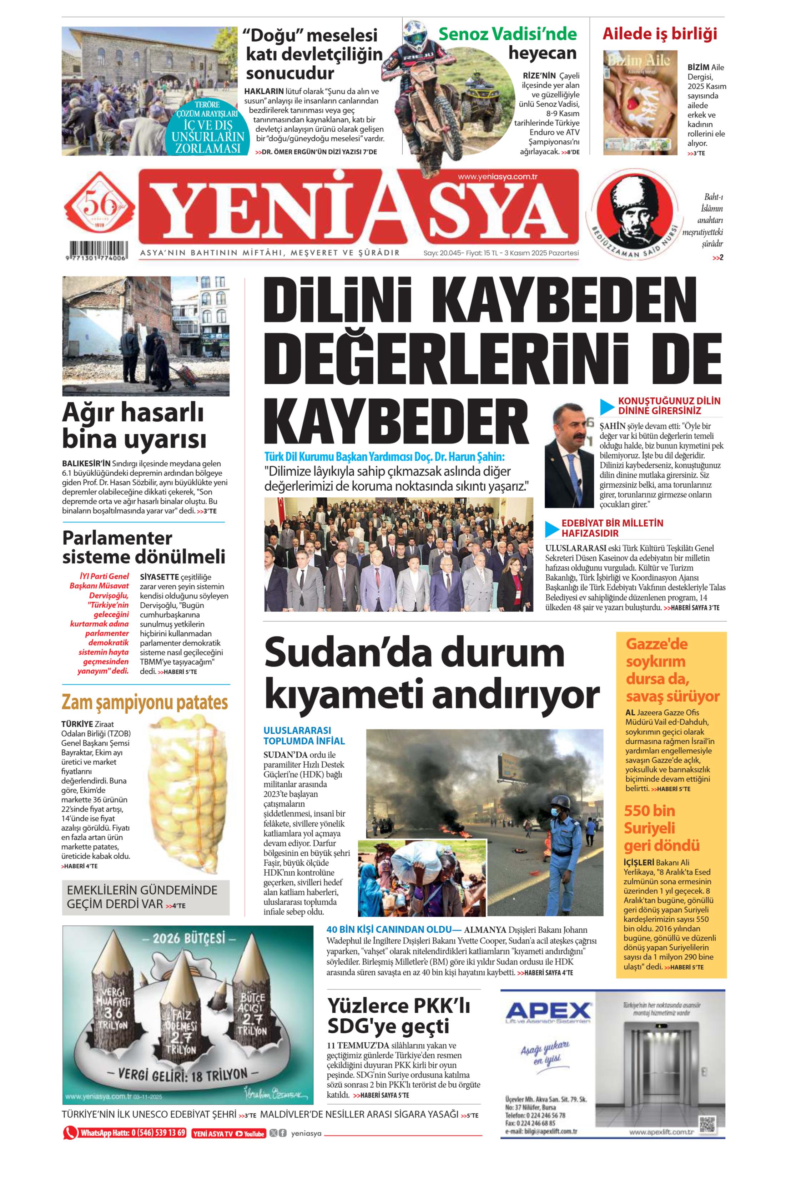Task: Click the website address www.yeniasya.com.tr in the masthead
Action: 497,177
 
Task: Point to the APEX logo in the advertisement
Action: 548,1011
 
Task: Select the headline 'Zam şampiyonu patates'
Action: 145,703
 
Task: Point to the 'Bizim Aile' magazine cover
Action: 640,102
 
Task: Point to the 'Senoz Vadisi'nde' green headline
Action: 508,34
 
